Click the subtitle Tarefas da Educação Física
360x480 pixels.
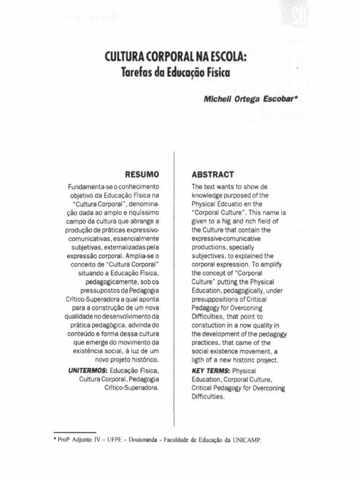(x=176, y=73)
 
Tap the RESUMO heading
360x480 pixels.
(x=142, y=175)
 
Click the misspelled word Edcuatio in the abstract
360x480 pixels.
(x=232, y=204)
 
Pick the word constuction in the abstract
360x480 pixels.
(x=211, y=325)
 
